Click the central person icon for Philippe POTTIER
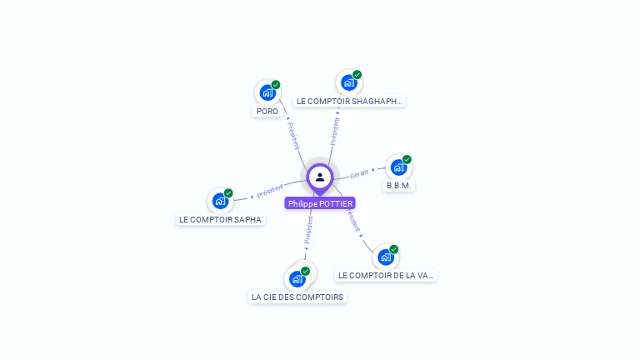320,177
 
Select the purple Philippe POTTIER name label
320,203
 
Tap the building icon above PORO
267,92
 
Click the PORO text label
267,111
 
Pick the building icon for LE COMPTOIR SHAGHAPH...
348,82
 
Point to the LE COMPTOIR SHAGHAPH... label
349,101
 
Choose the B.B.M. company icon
398,167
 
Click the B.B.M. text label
399,186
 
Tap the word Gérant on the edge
359,174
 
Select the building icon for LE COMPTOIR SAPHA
220,201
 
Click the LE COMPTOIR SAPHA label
220,220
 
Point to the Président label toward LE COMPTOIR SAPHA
271,190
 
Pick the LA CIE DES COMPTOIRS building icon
297,279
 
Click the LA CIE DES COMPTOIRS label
297,297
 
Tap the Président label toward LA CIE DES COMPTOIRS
308,231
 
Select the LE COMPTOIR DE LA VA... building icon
385,257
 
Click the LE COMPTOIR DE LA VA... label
386,275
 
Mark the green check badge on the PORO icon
276,84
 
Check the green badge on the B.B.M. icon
407,159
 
